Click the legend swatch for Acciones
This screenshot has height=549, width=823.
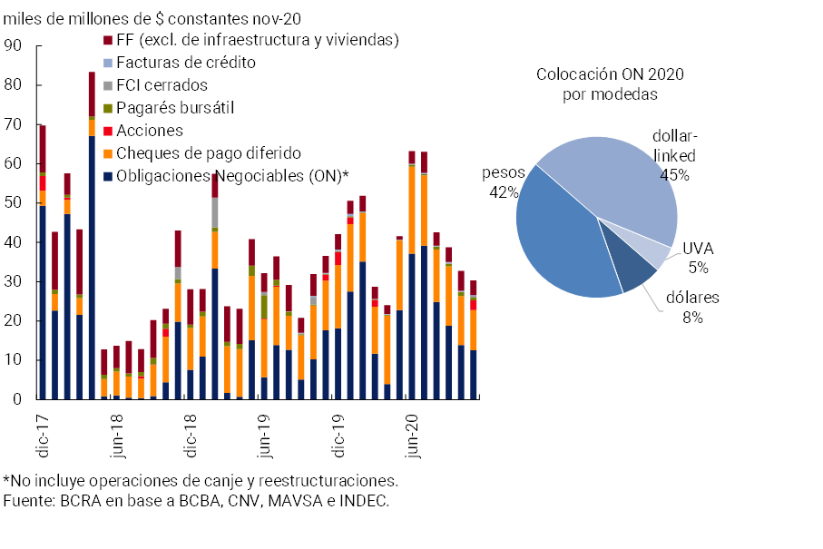coord(108,131)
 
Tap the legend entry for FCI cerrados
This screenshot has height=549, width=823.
coord(162,85)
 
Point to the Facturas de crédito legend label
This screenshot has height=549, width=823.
coord(186,63)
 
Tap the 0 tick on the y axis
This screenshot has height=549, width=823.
coord(17,399)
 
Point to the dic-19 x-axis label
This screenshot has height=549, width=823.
coord(338,431)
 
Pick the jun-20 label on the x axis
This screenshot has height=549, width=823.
coord(413,431)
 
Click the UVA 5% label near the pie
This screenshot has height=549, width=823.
coord(698,258)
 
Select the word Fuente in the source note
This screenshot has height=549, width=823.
coord(28,501)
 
